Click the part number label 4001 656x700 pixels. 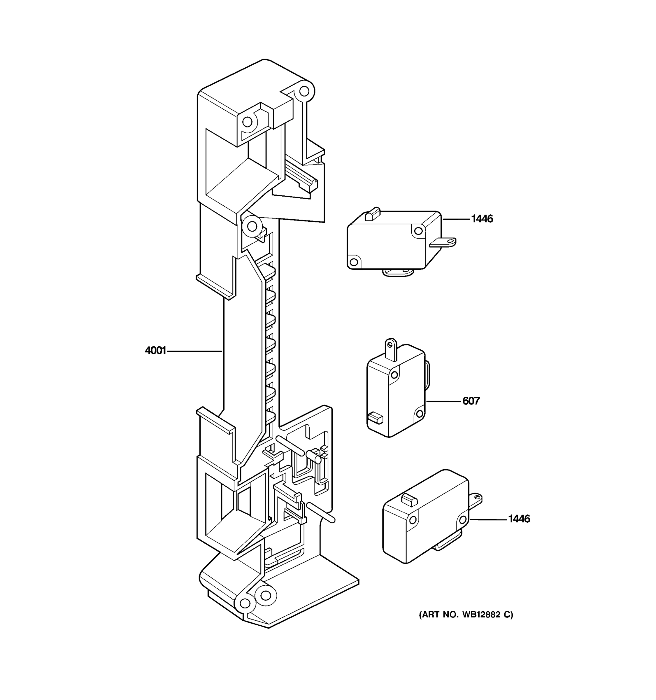pyautogui.click(x=155, y=351)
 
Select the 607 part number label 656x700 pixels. pyautogui.click(x=471, y=401)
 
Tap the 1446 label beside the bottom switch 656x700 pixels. pyautogui.click(x=519, y=519)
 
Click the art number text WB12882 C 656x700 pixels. pyautogui.click(x=466, y=615)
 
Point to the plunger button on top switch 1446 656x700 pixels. pyautogui.click(x=373, y=214)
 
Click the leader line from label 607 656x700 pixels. pyautogui.click(x=443, y=401)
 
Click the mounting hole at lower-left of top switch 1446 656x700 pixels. pyautogui.click(x=354, y=262)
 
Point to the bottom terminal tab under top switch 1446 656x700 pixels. pyautogui.click(x=397, y=272)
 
